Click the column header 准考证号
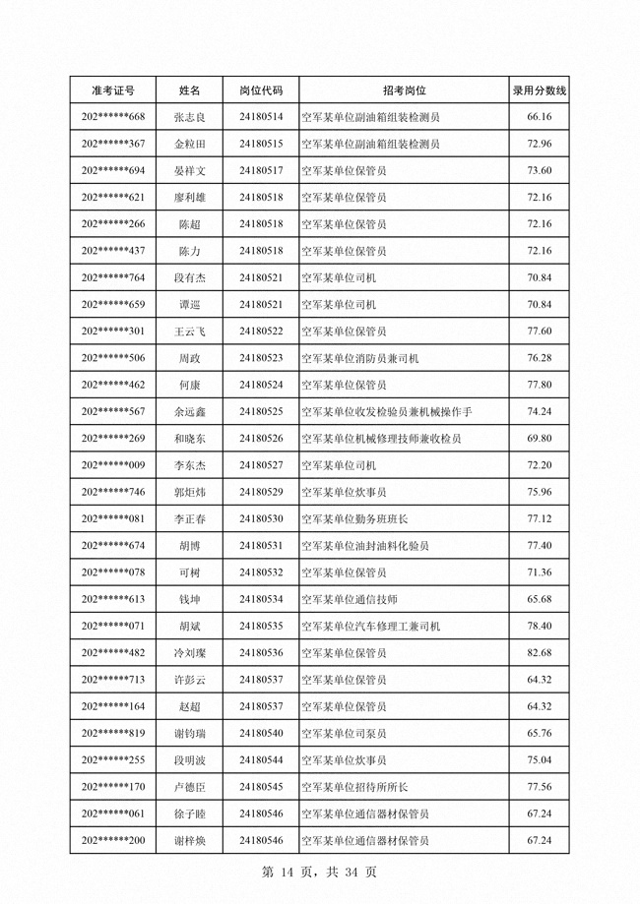coord(112,90)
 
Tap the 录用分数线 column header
coord(539,90)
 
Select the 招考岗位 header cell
coord(405,90)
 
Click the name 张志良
coord(189,117)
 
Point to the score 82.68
coord(539,652)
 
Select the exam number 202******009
coord(112,464)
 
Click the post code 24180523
coord(261,358)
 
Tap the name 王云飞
coord(189,331)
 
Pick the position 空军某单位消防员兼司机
coord(360,358)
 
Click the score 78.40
coord(539,626)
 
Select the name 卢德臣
coord(189,786)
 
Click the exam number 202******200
coord(112,840)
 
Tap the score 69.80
coord(539,438)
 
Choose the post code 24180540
coord(261,733)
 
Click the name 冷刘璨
coord(189,652)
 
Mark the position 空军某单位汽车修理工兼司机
coord(370,626)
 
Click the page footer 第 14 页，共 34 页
coord(320,873)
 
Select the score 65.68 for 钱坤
coord(539,599)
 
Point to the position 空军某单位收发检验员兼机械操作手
coord(392,411)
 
